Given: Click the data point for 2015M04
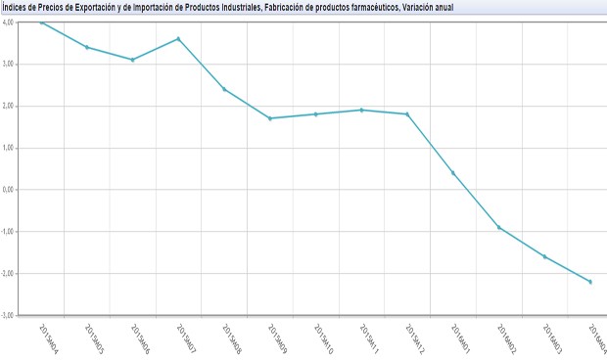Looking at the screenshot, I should pyautogui.click(x=41, y=22).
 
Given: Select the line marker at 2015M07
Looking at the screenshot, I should pyautogui.click(x=178, y=38).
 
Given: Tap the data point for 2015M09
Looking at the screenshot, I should pyautogui.click(x=270, y=118).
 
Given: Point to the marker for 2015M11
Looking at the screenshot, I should pyautogui.click(x=362, y=110).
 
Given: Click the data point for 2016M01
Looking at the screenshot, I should pyautogui.click(x=453, y=173).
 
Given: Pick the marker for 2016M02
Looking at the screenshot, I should pyautogui.click(x=499, y=227).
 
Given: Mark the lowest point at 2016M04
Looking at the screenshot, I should pyautogui.click(x=590, y=282).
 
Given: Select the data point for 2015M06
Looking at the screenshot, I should pyautogui.click(x=132, y=60).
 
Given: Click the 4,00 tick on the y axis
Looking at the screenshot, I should pyautogui.click(x=10, y=22).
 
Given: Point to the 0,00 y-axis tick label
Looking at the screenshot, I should pyautogui.click(x=10, y=190).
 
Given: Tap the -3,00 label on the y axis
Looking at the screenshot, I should pyautogui.click(x=9, y=315).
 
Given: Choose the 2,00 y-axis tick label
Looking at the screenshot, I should pyautogui.click(x=10, y=106).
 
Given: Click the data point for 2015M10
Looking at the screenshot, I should pyautogui.click(x=316, y=114).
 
